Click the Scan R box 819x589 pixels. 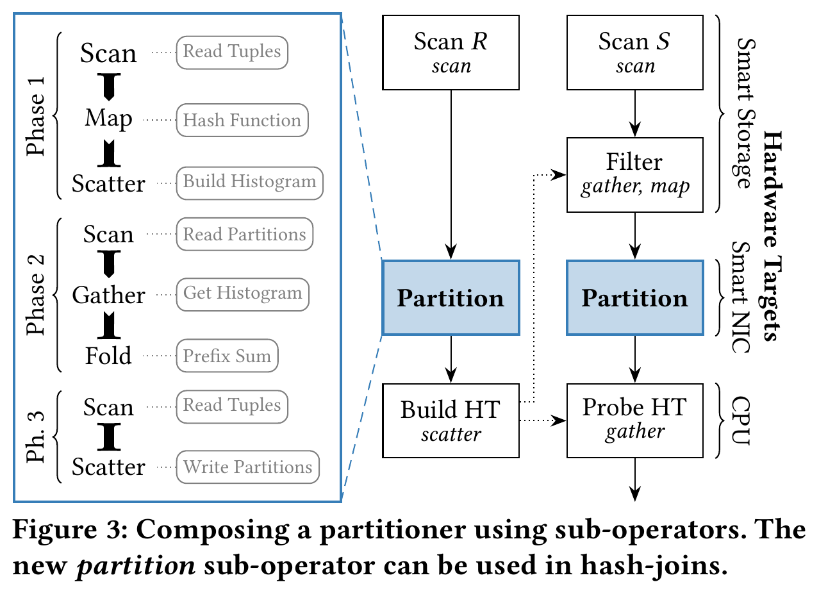451,53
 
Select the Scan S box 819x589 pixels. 634,53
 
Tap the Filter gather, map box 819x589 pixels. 634,175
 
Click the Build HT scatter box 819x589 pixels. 451,420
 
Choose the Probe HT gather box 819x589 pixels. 634,420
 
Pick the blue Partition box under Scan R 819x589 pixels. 451,297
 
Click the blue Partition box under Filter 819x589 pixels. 634,297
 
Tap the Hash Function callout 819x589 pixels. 242,120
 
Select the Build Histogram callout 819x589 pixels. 249,183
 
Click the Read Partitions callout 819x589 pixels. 244,235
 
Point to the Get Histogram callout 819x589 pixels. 242,295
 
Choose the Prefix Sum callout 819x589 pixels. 227,356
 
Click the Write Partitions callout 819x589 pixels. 247,467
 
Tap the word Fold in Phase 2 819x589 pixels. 108,356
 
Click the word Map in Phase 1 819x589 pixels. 108,119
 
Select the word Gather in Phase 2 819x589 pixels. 108,295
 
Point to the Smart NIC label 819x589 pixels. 741,297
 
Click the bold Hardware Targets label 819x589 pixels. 773,236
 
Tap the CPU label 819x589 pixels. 741,420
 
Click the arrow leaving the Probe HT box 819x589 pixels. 634,479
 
